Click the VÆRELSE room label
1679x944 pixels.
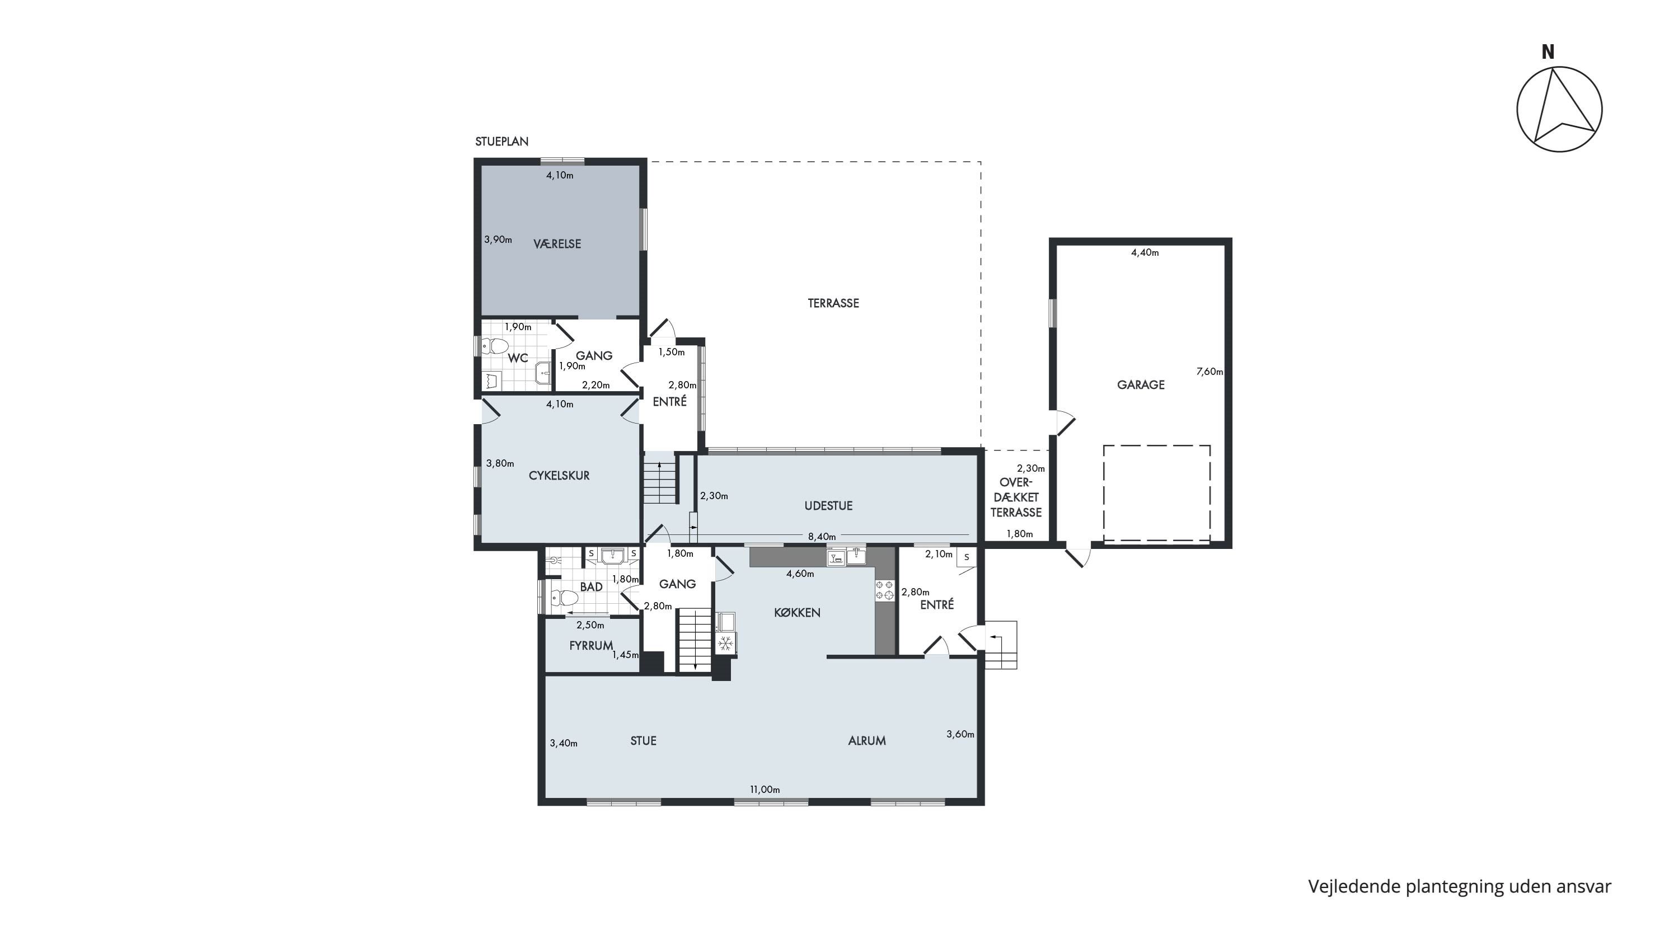[x=557, y=243]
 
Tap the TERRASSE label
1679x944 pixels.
[x=833, y=303]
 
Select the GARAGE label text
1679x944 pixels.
[x=1141, y=384]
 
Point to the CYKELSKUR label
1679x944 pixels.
[x=559, y=476]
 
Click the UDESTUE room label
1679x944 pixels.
[x=828, y=505]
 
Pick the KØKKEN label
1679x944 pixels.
[x=797, y=612]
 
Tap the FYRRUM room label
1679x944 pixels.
[x=591, y=645]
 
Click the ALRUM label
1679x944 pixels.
[x=867, y=741]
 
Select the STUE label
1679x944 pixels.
[x=643, y=741]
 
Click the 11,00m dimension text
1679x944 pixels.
[x=765, y=790]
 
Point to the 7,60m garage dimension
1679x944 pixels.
[x=1209, y=372]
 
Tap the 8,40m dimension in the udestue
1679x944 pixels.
[x=822, y=537]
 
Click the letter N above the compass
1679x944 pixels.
[x=1548, y=52]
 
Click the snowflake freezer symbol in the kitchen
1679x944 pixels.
[x=725, y=644]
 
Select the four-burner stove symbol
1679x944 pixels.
[x=884, y=590]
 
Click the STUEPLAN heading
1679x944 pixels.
[x=502, y=142]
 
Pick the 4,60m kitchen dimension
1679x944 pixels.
[x=800, y=574]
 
